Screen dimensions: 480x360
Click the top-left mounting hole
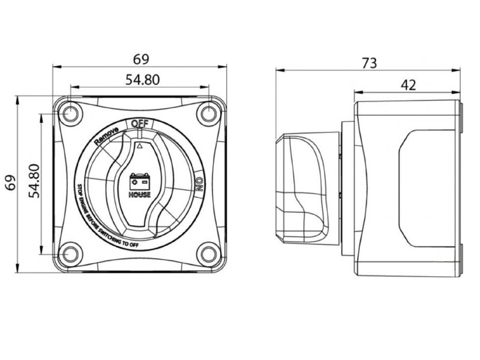[70, 114]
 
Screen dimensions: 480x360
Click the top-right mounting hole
[208, 114]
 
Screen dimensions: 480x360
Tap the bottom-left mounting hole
[70, 254]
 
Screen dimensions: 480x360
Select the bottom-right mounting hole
[208, 254]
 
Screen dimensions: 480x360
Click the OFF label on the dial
[140, 124]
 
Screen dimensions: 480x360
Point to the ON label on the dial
[199, 184]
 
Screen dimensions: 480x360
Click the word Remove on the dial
[106, 136]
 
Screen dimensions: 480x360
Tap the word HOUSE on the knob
[140, 194]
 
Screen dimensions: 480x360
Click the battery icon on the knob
[140, 182]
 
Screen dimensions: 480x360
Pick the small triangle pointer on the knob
[140, 146]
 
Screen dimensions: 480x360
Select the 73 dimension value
[370, 64]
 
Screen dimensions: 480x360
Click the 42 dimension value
[409, 85]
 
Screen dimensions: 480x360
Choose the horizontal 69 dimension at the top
[141, 59]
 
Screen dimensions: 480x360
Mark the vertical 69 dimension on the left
[10, 183]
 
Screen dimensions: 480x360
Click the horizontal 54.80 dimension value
[143, 80]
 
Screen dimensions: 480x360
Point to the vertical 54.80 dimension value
[34, 181]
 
